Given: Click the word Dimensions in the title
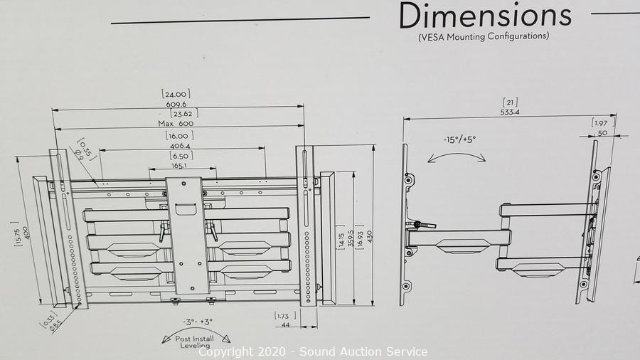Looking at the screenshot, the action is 485,16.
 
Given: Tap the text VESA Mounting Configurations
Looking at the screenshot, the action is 484,37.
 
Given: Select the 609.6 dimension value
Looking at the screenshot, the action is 176,105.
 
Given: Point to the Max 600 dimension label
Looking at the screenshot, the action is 176,123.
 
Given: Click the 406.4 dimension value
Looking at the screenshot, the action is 180,146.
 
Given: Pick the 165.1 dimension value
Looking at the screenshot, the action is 178,166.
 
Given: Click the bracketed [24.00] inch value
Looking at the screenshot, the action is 176,95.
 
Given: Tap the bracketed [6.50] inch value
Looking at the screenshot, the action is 181,156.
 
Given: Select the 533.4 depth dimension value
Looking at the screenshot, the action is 510,112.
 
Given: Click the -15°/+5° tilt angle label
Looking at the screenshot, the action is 459,139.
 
